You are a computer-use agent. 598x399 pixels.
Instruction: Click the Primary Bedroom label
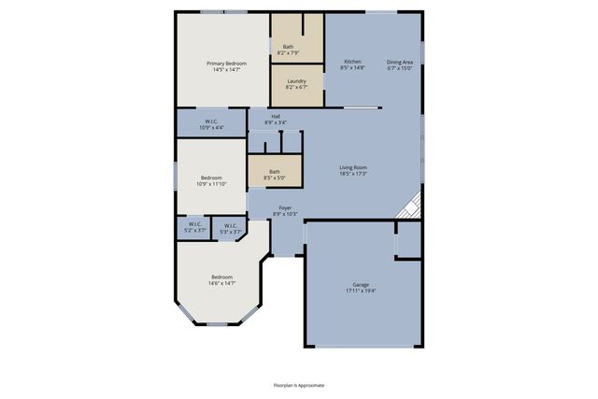(226, 63)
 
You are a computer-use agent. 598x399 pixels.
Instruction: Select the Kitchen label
(352, 61)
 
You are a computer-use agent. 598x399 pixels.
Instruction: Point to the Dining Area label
(400, 61)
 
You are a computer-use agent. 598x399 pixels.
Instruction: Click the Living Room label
(352, 166)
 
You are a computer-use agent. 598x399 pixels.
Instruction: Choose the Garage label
(361, 284)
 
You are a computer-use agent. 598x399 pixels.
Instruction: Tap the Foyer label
(284, 208)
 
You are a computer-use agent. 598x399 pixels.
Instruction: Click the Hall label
(276, 117)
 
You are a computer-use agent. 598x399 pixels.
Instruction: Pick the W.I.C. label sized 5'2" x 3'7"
(194, 223)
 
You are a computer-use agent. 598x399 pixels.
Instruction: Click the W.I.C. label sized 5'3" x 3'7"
(229, 224)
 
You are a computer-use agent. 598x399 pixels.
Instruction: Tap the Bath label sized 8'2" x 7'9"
(288, 47)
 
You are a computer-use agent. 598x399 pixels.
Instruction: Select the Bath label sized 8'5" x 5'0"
(275, 171)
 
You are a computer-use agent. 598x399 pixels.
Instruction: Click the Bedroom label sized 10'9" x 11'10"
(210, 178)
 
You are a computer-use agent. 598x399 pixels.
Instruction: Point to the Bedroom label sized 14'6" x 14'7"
(221, 277)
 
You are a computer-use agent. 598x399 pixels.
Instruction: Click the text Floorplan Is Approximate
(299, 385)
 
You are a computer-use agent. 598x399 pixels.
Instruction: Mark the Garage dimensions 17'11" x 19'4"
(361, 291)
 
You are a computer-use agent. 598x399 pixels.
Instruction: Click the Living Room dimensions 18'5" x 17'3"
(352, 173)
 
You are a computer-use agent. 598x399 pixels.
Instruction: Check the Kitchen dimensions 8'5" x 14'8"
(352, 67)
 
